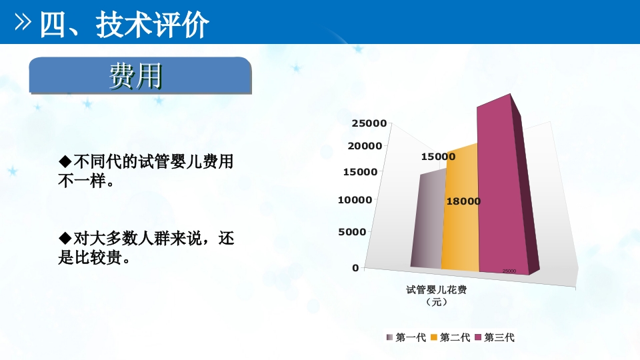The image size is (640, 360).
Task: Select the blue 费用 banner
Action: click(139, 77)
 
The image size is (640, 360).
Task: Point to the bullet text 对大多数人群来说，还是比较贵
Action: click(147, 247)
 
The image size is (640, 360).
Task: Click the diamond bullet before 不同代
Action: click(65, 161)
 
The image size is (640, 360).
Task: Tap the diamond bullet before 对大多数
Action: click(65, 238)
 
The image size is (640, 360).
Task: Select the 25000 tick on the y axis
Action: click(369, 123)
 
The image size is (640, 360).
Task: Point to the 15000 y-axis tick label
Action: click(361, 171)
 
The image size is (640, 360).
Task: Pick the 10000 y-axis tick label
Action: click(357, 199)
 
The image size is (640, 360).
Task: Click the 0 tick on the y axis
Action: click(355, 267)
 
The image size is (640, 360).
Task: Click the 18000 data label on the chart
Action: click(463, 201)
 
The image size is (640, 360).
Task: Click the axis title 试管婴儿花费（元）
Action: click(436, 295)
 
